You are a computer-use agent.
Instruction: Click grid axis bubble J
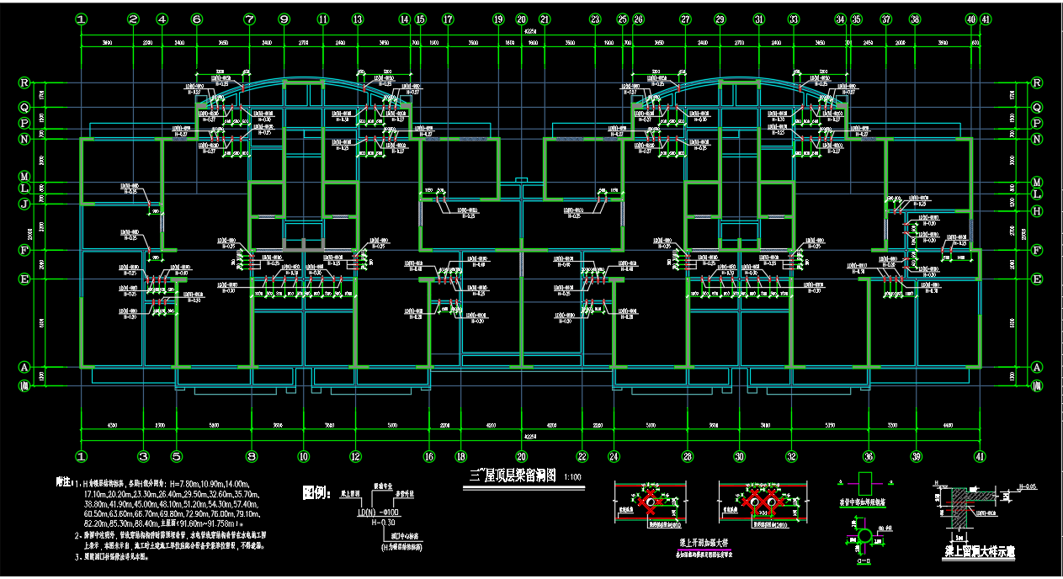(24, 203)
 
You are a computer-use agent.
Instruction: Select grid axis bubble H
(1037, 210)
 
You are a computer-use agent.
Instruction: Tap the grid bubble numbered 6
(197, 19)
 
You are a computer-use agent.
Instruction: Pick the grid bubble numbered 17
(448, 19)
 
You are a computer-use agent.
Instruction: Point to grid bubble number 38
(915, 19)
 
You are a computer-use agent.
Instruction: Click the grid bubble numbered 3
(143, 457)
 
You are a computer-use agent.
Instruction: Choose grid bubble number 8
(251, 457)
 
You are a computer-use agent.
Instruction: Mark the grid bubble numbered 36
(869, 457)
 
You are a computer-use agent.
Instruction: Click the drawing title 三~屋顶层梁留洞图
(511, 476)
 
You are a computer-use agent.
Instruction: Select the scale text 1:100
(572, 477)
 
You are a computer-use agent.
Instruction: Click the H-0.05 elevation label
(1027, 486)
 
